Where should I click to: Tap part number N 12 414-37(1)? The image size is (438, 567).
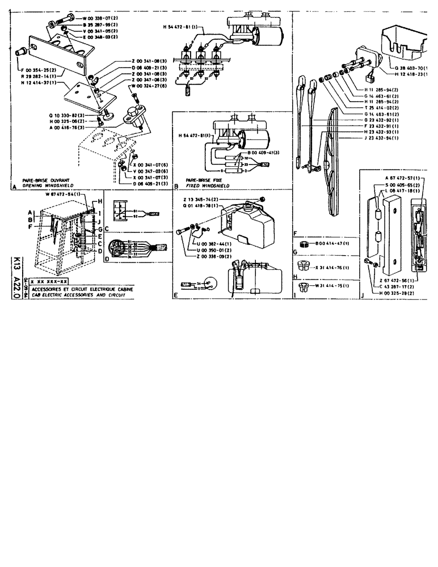click(39, 83)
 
